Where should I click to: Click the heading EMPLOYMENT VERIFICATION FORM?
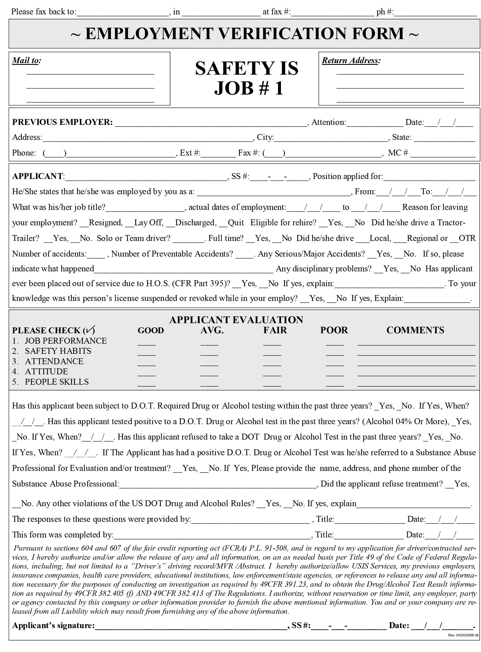coord(245,34)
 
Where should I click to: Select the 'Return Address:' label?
coord(351,60)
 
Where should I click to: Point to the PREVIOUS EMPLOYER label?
coord(62,122)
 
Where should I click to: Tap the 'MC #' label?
coord(398,153)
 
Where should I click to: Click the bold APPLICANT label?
coord(38,176)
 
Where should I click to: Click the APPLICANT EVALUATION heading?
coord(236,320)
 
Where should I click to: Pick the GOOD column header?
coord(150,330)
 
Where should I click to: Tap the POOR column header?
coord(334,330)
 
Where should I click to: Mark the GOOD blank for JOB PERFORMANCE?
coord(146,343)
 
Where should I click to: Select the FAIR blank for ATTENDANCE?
coord(272,364)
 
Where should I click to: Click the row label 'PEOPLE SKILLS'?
coord(57,382)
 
